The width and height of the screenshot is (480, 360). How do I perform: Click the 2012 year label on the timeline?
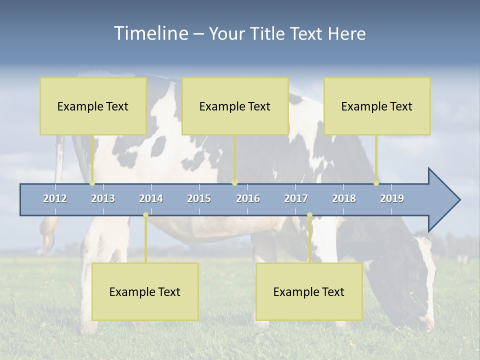click(x=55, y=198)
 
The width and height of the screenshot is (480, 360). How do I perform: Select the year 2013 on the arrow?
click(x=103, y=198)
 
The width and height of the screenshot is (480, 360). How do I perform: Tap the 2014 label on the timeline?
click(x=151, y=198)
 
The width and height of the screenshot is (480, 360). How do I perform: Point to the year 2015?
click(x=199, y=198)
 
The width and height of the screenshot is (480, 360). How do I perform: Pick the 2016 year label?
click(x=248, y=198)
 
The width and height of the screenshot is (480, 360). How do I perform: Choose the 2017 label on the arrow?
click(x=296, y=198)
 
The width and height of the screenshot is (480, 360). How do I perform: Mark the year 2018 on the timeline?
click(x=344, y=198)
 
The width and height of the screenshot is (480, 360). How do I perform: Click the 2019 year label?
click(x=392, y=198)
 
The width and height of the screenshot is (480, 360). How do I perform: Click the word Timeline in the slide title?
click(x=150, y=33)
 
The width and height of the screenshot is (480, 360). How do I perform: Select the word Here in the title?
click(x=346, y=33)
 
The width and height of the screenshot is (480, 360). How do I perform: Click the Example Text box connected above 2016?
click(x=235, y=106)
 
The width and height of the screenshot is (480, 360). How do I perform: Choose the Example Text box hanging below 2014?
click(x=145, y=291)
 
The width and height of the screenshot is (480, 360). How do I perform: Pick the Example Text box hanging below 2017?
click(x=309, y=291)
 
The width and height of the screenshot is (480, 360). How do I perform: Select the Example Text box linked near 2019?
click(x=377, y=106)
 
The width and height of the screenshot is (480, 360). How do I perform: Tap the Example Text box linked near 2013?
click(x=93, y=106)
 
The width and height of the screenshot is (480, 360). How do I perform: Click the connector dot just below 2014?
click(x=145, y=215)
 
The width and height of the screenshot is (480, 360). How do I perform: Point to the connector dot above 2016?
click(x=234, y=183)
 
